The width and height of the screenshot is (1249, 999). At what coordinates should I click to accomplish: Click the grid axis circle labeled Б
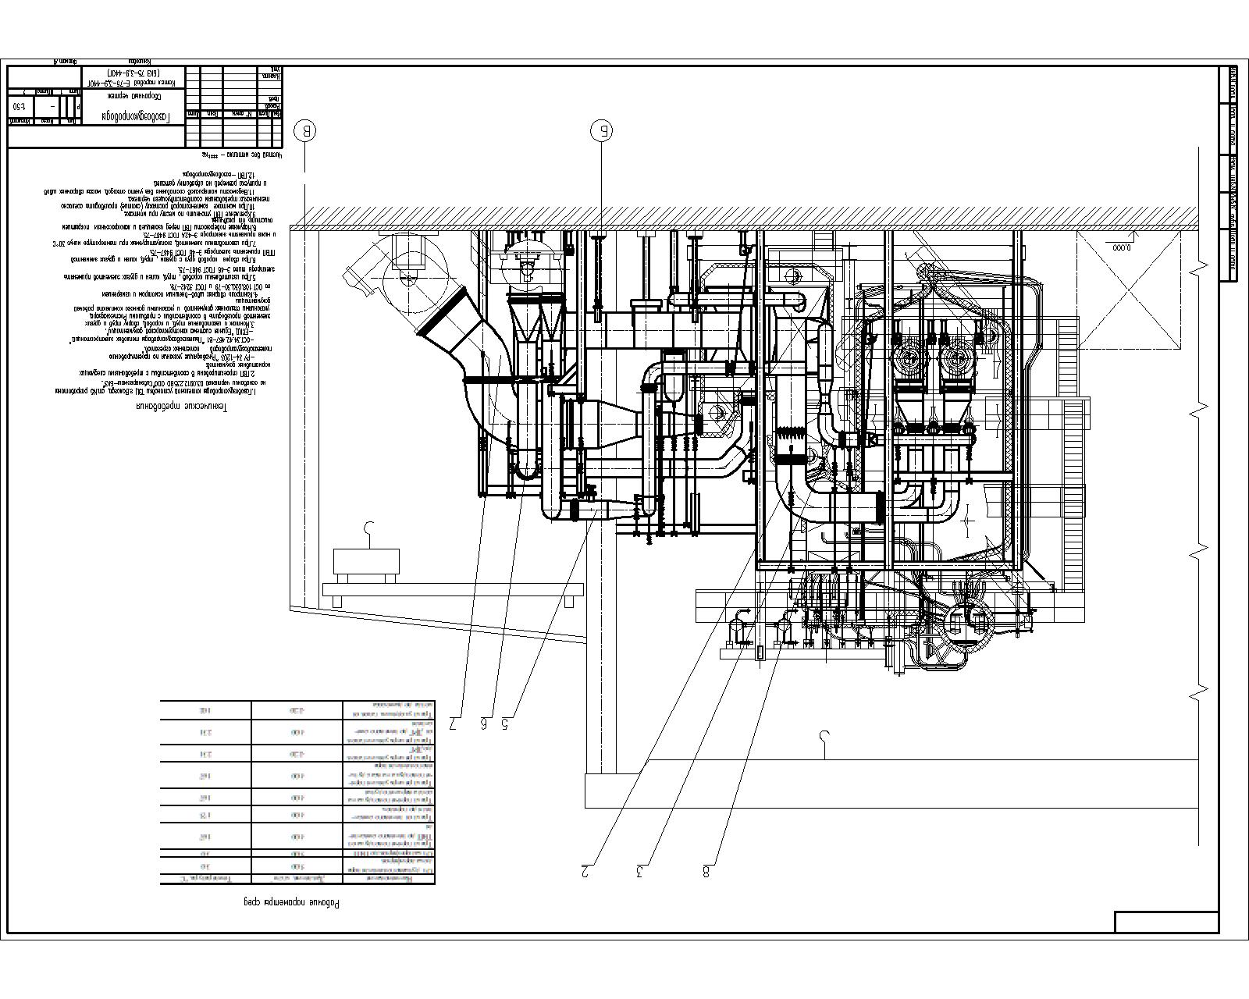pyautogui.click(x=602, y=130)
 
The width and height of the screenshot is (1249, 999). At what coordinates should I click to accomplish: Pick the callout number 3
pyautogui.click(x=642, y=871)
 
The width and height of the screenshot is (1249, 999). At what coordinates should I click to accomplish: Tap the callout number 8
pyautogui.click(x=708, y=871)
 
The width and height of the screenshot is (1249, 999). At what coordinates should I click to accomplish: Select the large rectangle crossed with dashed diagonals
pyautogui.click(x=1126, y=290)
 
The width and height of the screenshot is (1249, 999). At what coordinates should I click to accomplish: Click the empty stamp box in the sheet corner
pyautogui.click(x=1165, y=921)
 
